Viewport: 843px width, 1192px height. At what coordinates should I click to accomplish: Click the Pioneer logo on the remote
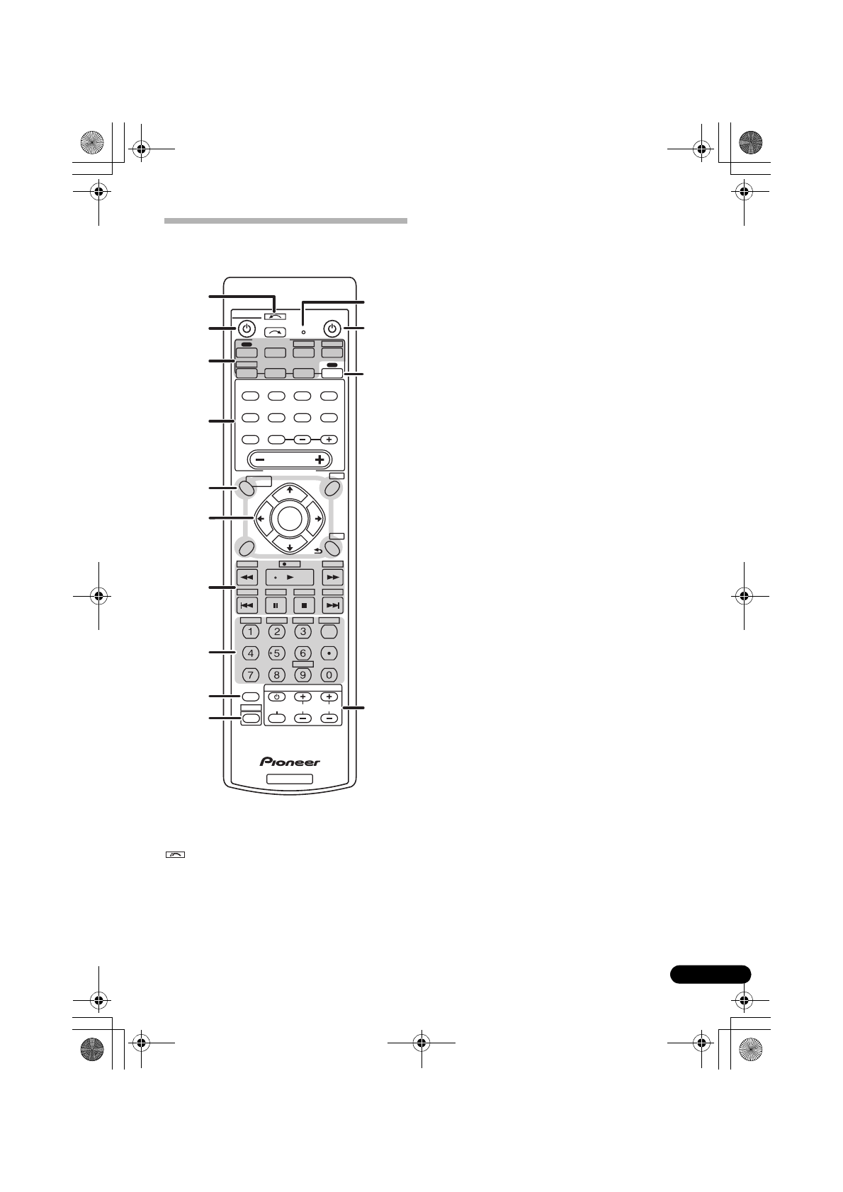pyautogui.click(x=290, y=762)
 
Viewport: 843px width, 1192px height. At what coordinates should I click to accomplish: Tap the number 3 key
pyautogui.click(x=303, y=631)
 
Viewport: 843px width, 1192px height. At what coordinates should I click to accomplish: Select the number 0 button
pyautogui.click(x=329, y=675)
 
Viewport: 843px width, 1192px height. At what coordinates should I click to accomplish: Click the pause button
pyautogui.click(x=276, y=605)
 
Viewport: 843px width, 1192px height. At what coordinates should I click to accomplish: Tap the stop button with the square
pyautogui.click(x=304, y=605)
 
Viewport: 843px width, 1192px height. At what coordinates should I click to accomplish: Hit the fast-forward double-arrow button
pyautogui.click(x=332, y=578)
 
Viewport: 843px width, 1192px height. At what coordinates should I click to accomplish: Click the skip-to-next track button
pyautogui.click(x=332, y=605)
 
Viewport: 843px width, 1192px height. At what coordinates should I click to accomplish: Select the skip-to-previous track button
pyautogui.click(x=247, y=605)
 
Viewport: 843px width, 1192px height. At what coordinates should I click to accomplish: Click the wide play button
pyautogui.click(x=290, y=578)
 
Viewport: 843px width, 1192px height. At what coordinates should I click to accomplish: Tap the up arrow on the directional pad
pyautogui.click(x=290, y=490)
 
